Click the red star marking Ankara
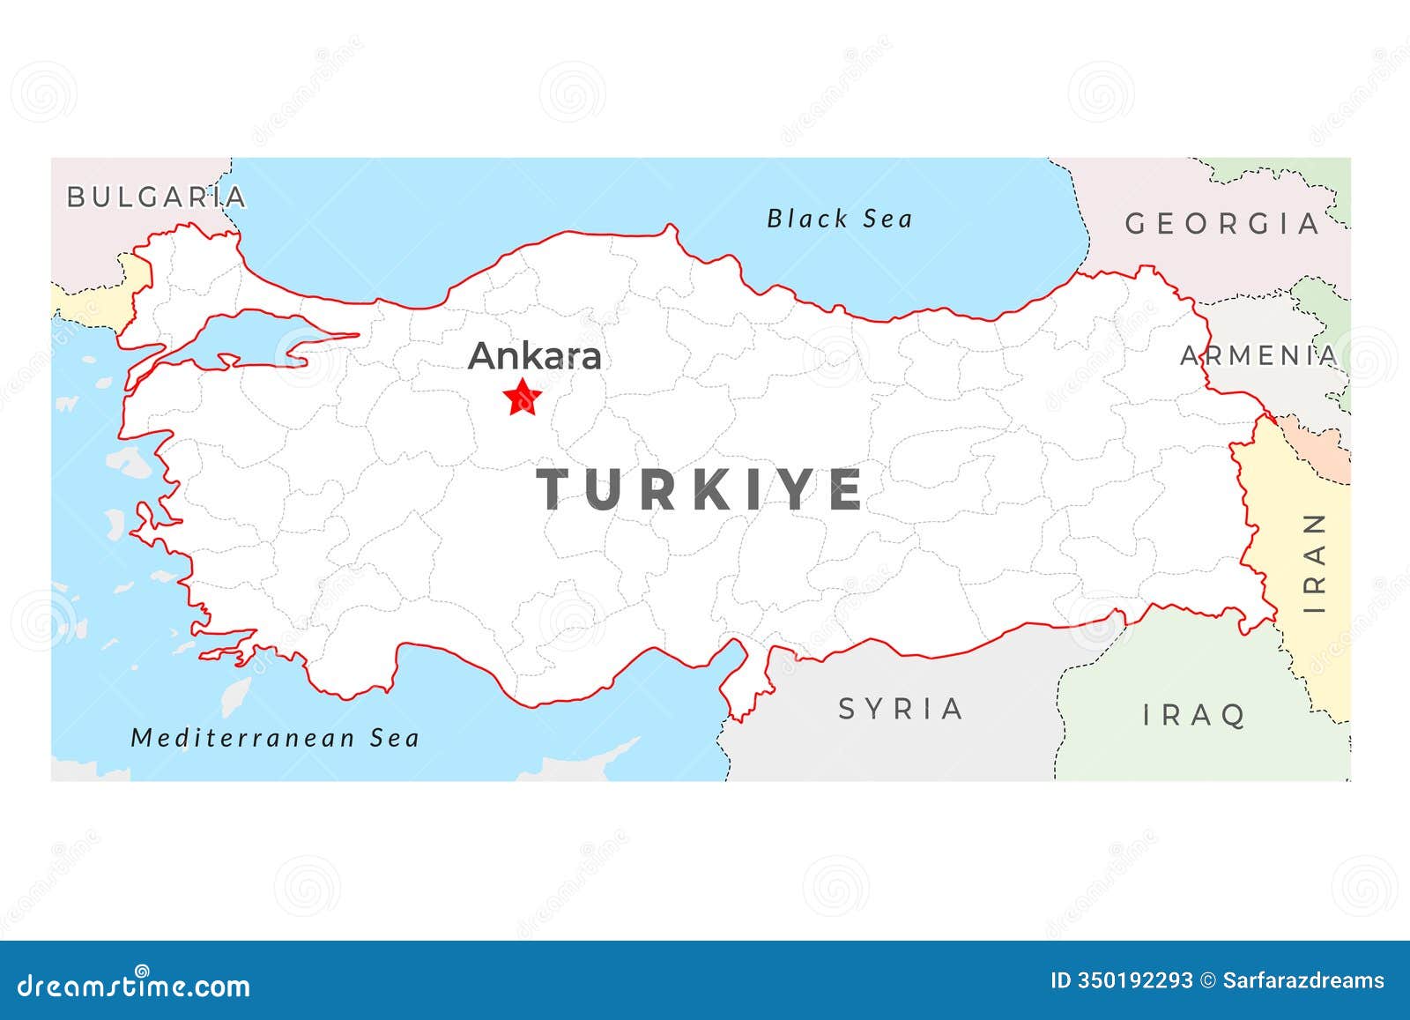click(x=523, y=398)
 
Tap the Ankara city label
click(x=535, y=356)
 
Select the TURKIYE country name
click(x=701, y=489)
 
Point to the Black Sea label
click(x=839, y=219)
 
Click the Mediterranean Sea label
click(x=275, y=738)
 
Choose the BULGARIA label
click(x=157, y=197)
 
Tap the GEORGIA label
click(x=1222, y=224)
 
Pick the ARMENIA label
click(x=1258, y=356)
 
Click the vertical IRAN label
click(x=1315, y=563)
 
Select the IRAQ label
click(x=1194, y=715)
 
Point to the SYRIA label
click(x=901, y=709)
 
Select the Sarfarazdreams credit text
click(x=1303, y=981)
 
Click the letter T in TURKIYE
click(x=557, y=489)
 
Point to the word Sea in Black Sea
click(x=887, y=219)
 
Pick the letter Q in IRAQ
click(x=1233, y=716)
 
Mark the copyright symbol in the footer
click(x=1208, y=981)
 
